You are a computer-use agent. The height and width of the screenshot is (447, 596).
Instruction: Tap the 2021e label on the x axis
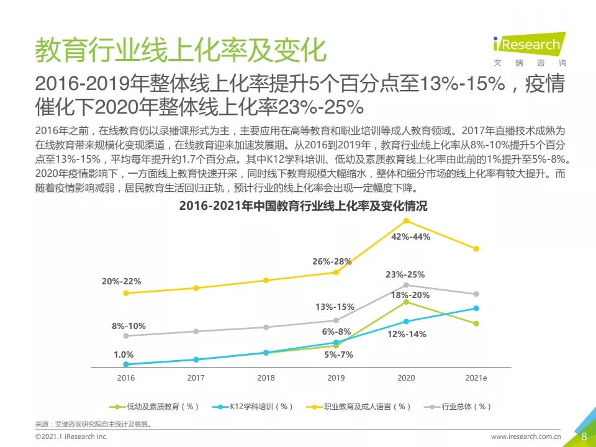point(476,377)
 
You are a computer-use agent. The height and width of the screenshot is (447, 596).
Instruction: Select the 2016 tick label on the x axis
point(126,377)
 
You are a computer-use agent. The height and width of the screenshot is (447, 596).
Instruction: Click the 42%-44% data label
point(411,237)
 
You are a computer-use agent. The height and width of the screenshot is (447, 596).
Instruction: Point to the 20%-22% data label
point(122,281)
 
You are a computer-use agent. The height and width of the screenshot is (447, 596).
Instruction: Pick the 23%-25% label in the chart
point(405,274)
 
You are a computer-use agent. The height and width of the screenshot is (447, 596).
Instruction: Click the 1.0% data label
point(124,354)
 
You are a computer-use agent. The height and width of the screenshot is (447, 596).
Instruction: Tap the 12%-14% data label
point(407,334)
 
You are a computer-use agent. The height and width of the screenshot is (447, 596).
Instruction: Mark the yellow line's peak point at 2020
point(407,220)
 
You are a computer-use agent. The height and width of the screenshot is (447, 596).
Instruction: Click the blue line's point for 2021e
point(476,308)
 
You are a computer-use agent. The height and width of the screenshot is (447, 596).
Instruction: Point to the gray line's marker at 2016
point(126,336)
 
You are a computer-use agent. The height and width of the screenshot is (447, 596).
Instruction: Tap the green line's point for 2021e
point(476,323)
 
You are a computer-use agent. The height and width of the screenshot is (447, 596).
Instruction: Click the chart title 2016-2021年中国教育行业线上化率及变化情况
point(303,206)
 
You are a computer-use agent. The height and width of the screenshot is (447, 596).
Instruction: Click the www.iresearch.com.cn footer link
point(526,438)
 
